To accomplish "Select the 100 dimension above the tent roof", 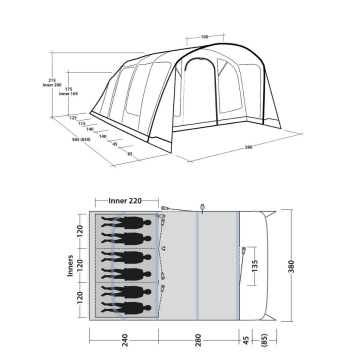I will point(204,37).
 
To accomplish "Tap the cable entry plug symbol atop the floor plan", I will point(203,207).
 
